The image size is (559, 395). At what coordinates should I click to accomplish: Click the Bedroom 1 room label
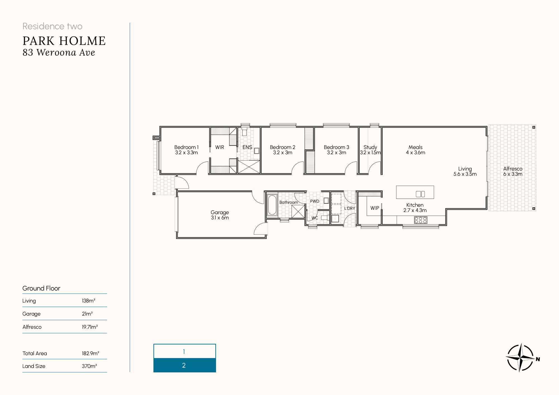pyautogui.click(x=186, y=150)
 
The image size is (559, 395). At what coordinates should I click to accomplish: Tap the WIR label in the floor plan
pyautogui.click(x=220, y=147)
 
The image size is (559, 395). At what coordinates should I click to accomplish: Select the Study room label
pyautogui.click(x=370, y=150)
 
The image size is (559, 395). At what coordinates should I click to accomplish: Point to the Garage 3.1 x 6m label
pyautogui.click(x=220, y=215)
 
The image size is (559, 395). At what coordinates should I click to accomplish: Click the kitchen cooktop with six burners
pyautogui.click(x=421, y=220)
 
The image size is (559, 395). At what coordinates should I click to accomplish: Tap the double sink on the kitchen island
pyautogui.click(x=420, y=194)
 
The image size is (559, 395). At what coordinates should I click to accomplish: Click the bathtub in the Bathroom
pyautogui.click(x=272, y=205)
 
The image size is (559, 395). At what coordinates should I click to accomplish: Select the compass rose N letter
pyautogui.click(x=538, y=359)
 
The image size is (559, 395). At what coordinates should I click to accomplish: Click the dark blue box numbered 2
pyautogui.click(x=185, y=365)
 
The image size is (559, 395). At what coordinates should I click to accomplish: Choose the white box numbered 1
pyautogui.click(x=185, y=351)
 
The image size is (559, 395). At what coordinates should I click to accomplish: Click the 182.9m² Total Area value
pyautogui.click(x=91, y=353)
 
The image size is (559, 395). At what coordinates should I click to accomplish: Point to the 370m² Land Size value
pyautogui.click(x=89, y=366)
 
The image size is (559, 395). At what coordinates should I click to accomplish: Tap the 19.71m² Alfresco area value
pyautogui.click(x=90, y=327)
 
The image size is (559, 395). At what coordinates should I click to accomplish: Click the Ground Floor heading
pyautogui.click(x=41, y=288)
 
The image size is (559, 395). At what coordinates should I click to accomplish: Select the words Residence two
pyautogui.click(x=53, y=26)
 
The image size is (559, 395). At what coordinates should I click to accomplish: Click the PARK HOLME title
pyautogui.click(x=64, y=41)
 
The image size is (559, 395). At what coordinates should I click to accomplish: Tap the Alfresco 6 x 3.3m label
pyautogui.click(x=513, y=171)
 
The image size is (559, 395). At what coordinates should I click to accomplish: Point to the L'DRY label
pyautogui.click(x=350, y=208)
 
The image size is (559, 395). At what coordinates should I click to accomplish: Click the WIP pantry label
pyautogui.click(x=375, y=208)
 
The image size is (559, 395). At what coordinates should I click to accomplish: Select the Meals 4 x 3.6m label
pyautogui.click(x=416, y=150)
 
